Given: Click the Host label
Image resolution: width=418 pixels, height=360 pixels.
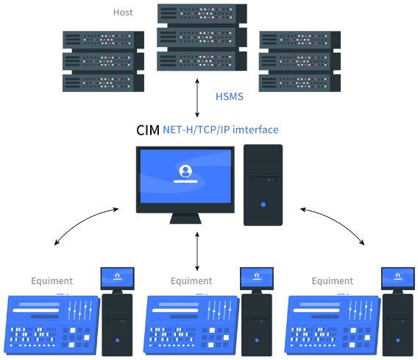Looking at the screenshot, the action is click(123, 13).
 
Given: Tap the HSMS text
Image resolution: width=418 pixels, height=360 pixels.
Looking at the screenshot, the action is click(230, 96).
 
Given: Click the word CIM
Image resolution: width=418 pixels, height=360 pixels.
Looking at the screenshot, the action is click(148, 130).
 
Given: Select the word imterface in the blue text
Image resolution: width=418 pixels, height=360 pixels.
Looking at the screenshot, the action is click(255, 130).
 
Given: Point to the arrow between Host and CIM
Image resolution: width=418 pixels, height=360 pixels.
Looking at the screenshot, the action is click(197, 98).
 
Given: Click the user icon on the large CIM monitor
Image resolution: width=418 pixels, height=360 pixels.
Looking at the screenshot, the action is click(185, 171).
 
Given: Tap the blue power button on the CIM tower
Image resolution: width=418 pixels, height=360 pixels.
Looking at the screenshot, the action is click(263, 205).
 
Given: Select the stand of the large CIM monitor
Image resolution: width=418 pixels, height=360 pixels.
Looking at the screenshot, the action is click(185, 218).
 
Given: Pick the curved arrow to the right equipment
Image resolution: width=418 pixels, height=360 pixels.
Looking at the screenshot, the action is click(336, 222).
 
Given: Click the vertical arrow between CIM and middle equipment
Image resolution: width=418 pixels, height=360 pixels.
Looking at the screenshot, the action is click(197, 251).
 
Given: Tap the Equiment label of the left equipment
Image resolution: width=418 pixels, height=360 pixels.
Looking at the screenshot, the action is click(52, 280).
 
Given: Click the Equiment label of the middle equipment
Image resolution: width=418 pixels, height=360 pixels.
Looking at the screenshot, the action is click(191, 280).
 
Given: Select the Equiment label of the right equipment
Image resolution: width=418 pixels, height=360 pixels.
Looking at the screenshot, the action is click(333, 280).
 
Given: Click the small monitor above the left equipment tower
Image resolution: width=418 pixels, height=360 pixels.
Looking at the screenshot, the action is click(117, 279).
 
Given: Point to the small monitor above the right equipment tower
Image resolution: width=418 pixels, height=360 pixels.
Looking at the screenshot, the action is click(398, 279).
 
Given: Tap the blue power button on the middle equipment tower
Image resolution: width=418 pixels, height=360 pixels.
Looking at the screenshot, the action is click(257, 340).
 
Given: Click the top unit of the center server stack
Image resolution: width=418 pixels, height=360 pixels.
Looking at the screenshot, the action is click(202, 14).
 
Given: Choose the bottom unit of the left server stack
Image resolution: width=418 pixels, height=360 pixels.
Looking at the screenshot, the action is click(104, 83).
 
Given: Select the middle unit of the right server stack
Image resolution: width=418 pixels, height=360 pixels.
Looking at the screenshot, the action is click(300, 62).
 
